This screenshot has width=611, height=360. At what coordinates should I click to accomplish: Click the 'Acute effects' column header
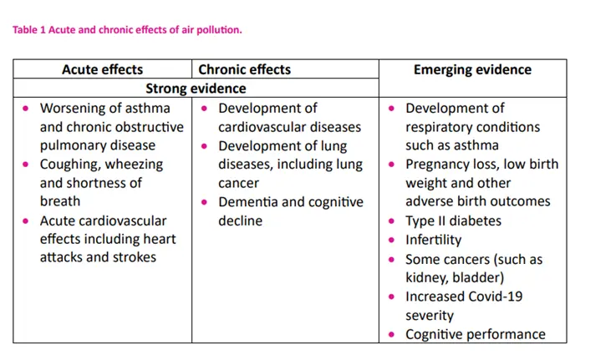click(x=102, y=69)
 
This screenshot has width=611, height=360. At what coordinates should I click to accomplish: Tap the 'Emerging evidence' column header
click(x=472, y=69)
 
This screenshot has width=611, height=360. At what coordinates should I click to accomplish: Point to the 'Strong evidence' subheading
click(x=196, y=89)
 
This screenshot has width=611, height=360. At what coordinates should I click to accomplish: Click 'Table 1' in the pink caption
click(x=28, y=30)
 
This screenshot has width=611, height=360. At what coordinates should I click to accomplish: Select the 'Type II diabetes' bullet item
click(x=453, y=221)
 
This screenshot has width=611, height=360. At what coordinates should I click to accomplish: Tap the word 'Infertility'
click(x=433, y=241)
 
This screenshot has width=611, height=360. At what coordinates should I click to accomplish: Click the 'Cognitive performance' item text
click(x=475, y=334)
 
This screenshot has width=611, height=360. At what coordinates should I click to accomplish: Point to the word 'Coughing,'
click(x=71, y=165)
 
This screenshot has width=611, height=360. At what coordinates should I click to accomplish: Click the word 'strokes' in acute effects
click(x=133, y=258)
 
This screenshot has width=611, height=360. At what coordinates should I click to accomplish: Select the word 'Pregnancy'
click(x=437, y=165)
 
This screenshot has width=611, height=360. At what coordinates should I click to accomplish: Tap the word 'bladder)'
click(x=477, y=278)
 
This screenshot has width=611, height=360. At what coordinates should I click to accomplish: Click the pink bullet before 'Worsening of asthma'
click(x=26, y=109)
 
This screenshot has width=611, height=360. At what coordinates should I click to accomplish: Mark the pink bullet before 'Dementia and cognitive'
click(x=205, y=203)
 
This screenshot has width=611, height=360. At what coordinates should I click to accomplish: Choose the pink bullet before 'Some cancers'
click(x=392, y=260)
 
